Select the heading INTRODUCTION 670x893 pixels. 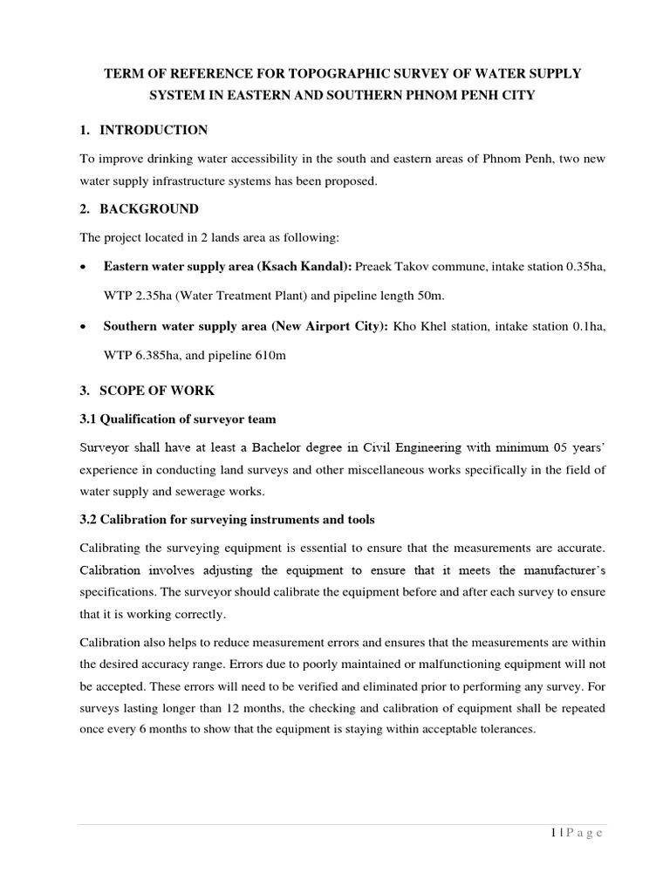(154, 130)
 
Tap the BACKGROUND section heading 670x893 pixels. (149, 209)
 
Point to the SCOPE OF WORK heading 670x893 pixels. (157, 391)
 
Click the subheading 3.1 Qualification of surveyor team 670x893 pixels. (178, 419)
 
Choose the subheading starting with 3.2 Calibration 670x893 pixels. (227, 520)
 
